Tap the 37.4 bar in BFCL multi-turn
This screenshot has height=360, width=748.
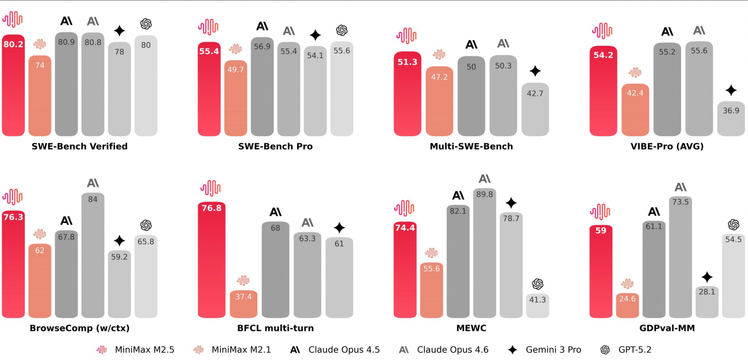click(x=244, y=304)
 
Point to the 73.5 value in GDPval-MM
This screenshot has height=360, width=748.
click(x=680, y=202)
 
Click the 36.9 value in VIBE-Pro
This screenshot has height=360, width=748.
click(x=731, y=110)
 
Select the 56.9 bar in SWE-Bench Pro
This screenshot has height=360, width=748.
click(x=262, y=86)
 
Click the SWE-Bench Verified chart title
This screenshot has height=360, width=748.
click(x=80, y=146)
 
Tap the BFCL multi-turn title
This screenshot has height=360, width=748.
click(x=275, y=328)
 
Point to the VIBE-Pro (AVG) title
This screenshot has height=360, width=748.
click(x=667, y=146)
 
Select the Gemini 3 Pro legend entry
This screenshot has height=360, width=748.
click(x=545, y=350)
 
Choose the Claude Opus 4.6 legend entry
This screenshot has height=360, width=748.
click(x=444, y=350)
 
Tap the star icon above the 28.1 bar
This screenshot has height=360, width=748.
click(x=707, y=277)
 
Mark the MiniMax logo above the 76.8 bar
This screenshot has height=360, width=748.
click(x=210, y=188)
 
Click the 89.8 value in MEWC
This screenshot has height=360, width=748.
click(x=485, y=194)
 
